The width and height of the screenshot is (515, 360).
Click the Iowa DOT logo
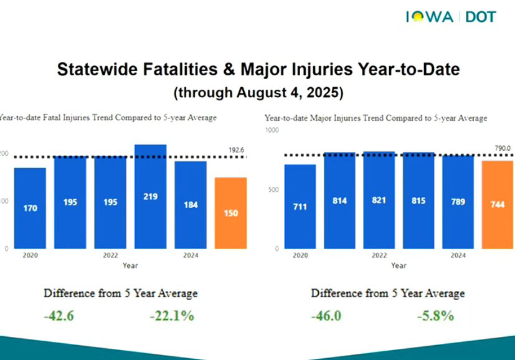point(451,16)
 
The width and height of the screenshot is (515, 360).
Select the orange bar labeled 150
point(230,212)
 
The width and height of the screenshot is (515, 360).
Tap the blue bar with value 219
point(150,196)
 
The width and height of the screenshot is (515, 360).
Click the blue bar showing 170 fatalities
point(30,207)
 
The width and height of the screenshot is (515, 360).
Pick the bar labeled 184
point(191,204)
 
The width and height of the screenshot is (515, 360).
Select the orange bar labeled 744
point(499,204)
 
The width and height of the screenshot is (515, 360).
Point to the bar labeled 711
point(299,206)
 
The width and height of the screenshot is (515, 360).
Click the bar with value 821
point(379,200)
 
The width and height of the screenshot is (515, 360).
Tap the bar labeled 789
point(458,201)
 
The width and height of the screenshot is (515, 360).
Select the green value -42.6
point(59,316)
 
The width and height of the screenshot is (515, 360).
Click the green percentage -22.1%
point(172,316)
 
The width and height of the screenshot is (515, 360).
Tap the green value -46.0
point(326,316)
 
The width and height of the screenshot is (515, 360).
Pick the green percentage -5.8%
point(435,316)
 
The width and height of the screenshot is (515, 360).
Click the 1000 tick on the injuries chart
point(272,130)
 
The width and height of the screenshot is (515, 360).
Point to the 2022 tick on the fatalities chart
point(110,255)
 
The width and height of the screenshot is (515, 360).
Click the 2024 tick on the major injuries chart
point(458,255)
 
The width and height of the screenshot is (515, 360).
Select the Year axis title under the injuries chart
point(399,265)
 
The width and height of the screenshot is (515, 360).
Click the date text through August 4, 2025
point(258,93)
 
